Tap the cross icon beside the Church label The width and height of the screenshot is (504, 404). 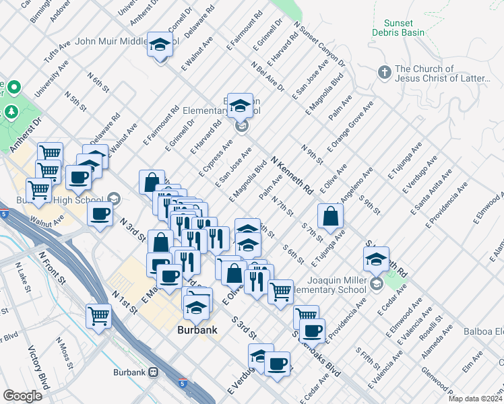point(384,71)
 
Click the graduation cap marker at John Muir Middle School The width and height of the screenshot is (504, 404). point(160,45)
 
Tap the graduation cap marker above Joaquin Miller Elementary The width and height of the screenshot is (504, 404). point(376,259)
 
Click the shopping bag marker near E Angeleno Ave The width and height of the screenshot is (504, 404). point(330,216)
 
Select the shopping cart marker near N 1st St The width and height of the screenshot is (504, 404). point(99,314)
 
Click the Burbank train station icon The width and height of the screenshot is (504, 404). point(154,372)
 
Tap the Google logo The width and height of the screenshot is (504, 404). point(22,395)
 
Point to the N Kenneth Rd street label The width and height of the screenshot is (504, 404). point(292,176)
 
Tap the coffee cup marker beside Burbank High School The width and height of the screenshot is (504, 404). point(100,215)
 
